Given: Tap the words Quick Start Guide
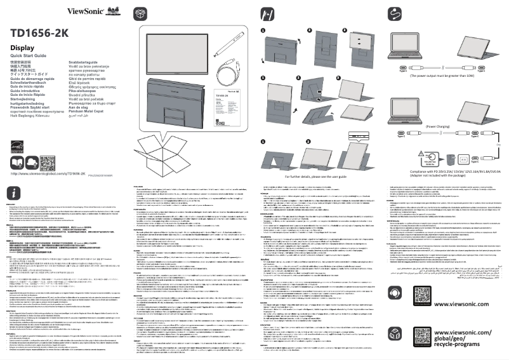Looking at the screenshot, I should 30,58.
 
